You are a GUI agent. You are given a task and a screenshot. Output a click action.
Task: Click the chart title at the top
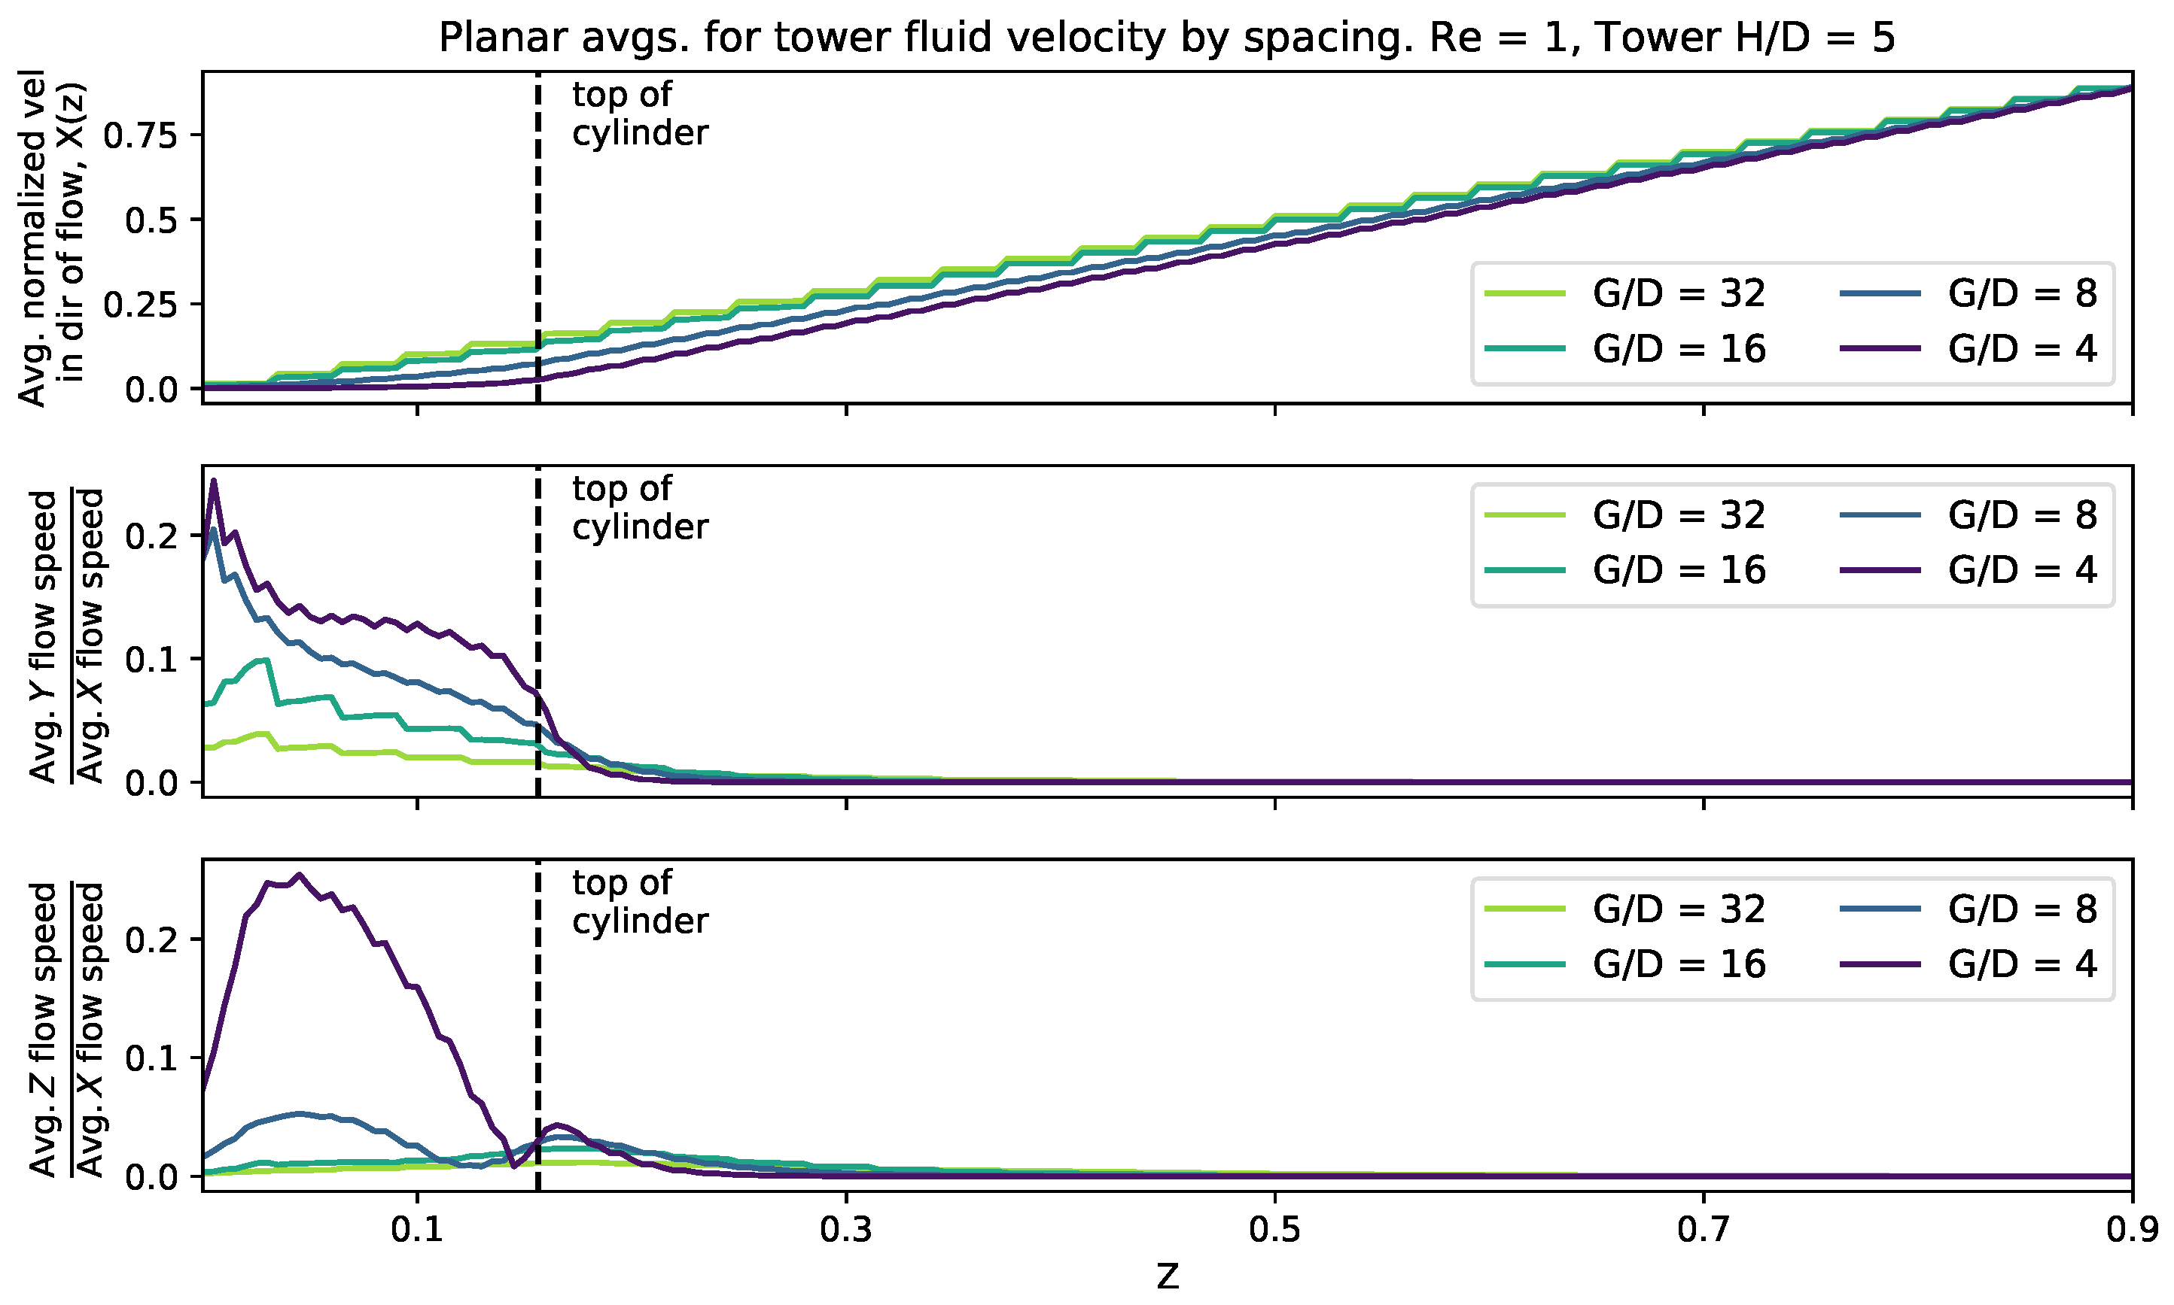[x=1167, y=38]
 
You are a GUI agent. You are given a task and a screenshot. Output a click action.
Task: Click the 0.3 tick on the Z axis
[x=845, y=1229]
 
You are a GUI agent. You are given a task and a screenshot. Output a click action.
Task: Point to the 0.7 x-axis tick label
[x=1704, y=1229]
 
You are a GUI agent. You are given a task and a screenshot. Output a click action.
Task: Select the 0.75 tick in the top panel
[x=140, y=135]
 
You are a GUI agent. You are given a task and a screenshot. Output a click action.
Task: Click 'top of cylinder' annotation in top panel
[x=639, y=114]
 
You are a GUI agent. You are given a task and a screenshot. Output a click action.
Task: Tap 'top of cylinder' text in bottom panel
[x=639, y=903]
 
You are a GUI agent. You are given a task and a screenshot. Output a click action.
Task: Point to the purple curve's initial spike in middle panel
[x=214, y=481]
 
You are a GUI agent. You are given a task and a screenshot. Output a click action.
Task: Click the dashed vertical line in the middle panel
[x=537, y=633]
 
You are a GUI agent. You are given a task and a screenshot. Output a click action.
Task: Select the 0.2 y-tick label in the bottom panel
[x=151, y=940]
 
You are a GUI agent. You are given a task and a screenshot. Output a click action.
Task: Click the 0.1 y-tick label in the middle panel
[x=151, y=660]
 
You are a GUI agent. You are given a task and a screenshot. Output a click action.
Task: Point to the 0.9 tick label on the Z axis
[x=2132, y=1229]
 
